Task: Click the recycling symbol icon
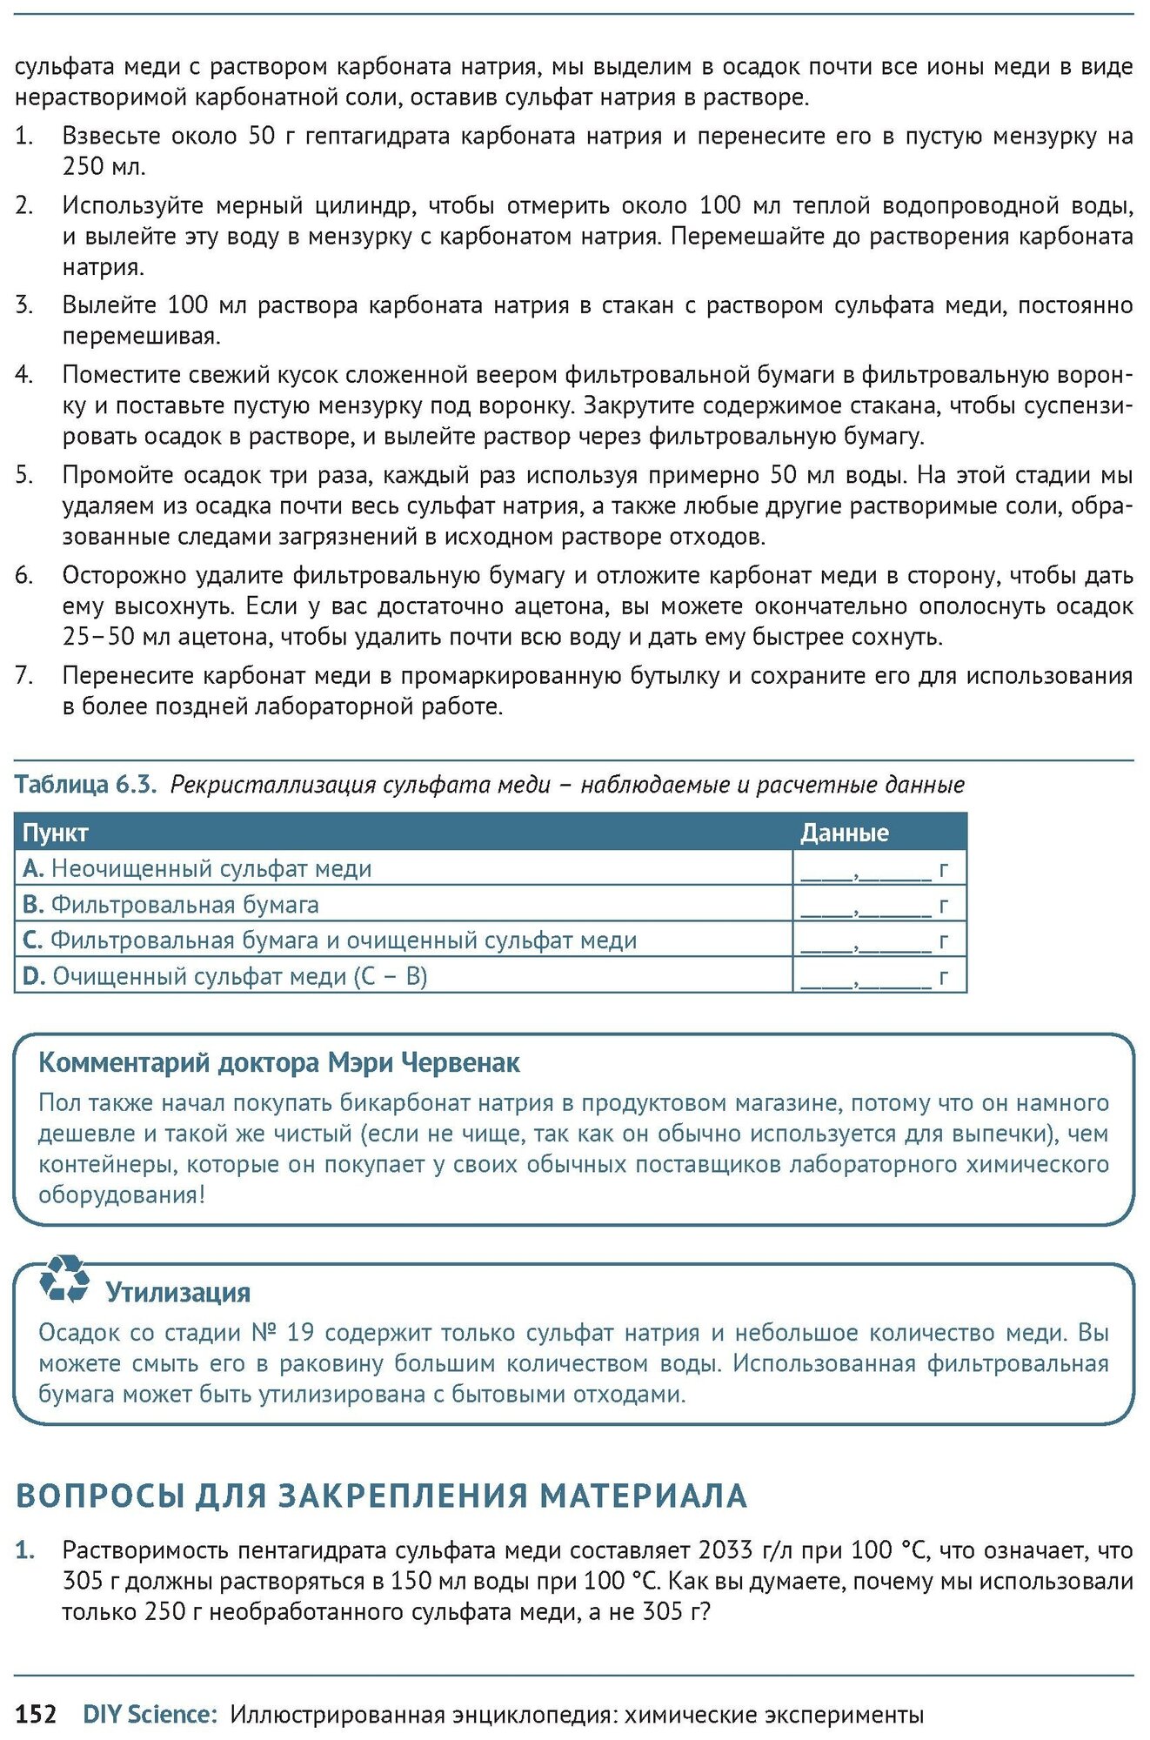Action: [x=64, y=1278]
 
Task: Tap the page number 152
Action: [x=36, y=1714]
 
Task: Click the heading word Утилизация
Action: [x=177, y=1293]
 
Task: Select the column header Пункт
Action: [x=56, y=833]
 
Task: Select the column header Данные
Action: [x=844, y=833]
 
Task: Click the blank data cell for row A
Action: [x=873, y=868]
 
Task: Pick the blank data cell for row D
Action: [x=873, y=976]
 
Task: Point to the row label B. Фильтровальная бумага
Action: [x=170, y=905]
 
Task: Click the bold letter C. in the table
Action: [x=32, y=940]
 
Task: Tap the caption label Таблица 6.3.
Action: [x=85, y=785]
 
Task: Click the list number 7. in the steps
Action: [x=24, y=675]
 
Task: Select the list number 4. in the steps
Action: [x=24, y=375]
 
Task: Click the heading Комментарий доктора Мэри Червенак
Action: [x=278, y=1062]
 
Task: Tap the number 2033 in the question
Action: [x=725, y=1550]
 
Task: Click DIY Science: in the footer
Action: [x=149, y=1714]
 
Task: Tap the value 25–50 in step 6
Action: [x=98, y=637]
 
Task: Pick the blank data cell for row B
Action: [x=873, y=905]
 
